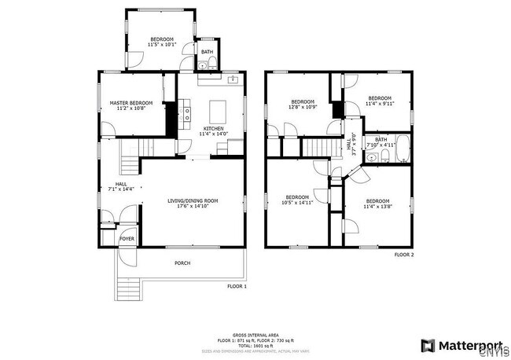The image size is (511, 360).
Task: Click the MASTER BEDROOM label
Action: click(131, 103)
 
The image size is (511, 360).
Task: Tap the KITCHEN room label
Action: click(214, 128)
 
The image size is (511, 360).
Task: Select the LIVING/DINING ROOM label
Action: click(193, 200)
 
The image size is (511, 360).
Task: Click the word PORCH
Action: click(182, 263)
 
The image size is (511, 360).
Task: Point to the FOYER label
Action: click(127, 237)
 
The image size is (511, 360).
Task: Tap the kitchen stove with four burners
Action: click(187, 118)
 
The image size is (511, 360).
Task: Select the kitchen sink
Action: click(233, 80)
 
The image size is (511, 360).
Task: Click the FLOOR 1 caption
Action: click(237, 286)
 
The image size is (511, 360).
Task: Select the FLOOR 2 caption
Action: click(404, 255)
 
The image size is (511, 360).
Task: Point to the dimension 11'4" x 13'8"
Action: click(378, 208)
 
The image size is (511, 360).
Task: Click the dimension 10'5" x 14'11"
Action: click(297, 203)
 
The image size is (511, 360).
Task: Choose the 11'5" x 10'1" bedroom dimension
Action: click(162, 45)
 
